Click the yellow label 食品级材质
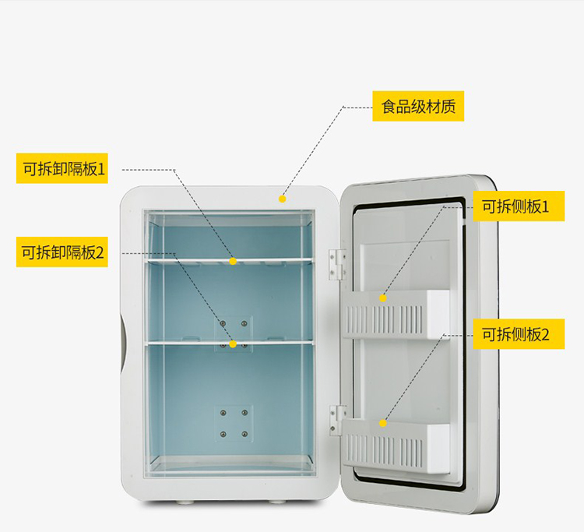point(418,106)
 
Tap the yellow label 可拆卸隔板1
point(62,168)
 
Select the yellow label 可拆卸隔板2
point(62,252)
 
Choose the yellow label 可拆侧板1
point(519,206)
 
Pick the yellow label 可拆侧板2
point(519,334)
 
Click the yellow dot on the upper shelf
point(233,261)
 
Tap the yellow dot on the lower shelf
point(233,344)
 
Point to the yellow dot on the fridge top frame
point(283,199)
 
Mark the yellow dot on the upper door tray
point(383,298)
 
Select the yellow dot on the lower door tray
point(383,423)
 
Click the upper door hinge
point(336,265)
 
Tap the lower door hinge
point(337,421)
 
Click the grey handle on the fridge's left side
point(123,343)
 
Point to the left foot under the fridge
point(183,502)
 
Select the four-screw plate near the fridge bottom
point(234,424)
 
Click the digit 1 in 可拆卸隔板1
point(101,169)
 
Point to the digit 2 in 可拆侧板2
point(545,334)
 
